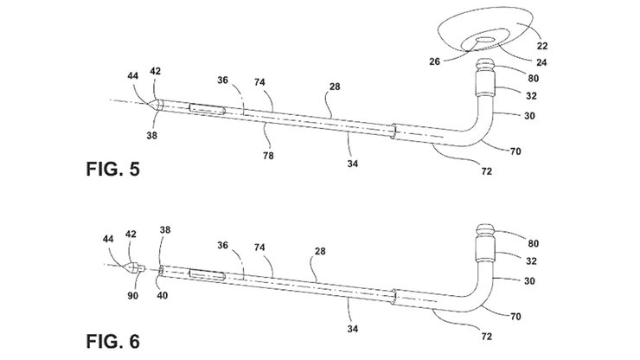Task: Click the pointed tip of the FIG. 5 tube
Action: click(x=154, y=104)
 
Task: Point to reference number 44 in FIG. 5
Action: click(x=135, y=79)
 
